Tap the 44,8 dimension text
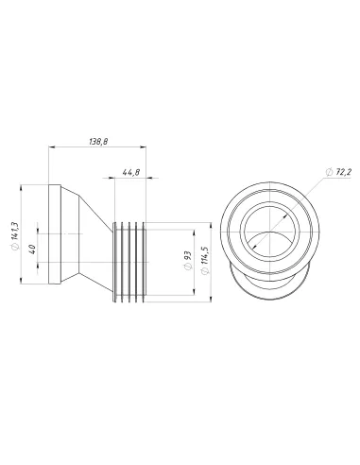pos(130,172)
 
